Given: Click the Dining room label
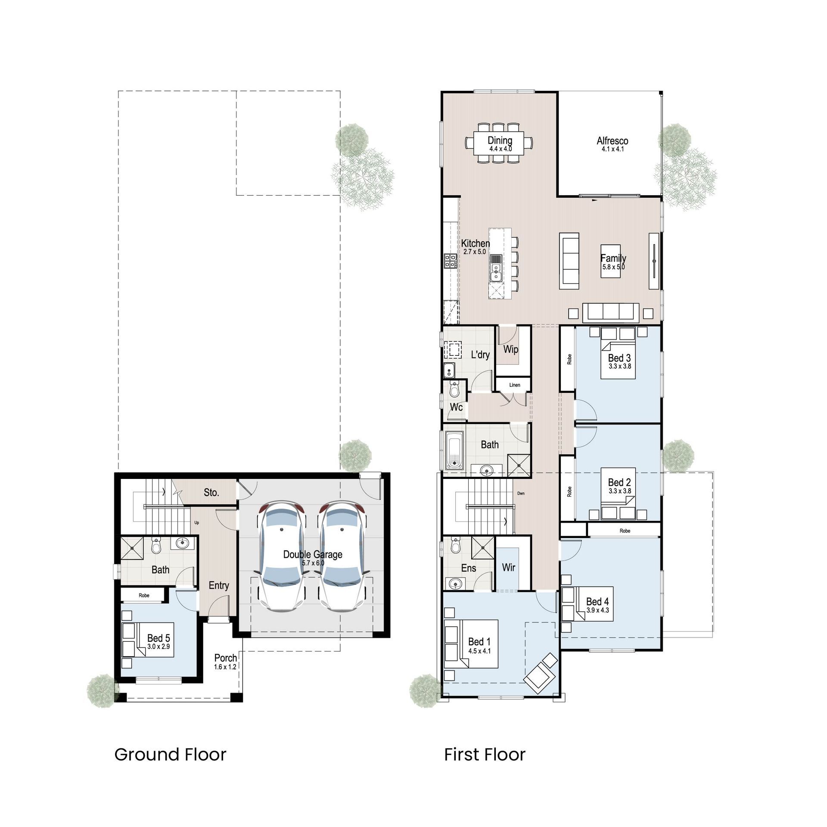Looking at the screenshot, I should coord(500,140).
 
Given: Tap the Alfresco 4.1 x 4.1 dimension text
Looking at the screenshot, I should coord(612,149).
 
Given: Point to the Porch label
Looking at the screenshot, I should coord(225,658).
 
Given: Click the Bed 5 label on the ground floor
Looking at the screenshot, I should coord(159,638).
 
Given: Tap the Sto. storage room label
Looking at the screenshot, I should coord(211,492).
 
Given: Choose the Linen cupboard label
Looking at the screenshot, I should coord(514,385).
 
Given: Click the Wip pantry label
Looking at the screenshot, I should coord(510,349).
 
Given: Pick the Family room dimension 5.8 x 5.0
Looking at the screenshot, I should coord(613,267).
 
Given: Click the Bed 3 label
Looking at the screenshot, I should coord(619,358).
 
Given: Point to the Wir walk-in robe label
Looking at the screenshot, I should coord(508,568).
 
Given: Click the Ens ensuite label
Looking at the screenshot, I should coord(468,568).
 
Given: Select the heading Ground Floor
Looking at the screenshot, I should coord(170,755).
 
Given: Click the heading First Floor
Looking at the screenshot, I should coord(485,755).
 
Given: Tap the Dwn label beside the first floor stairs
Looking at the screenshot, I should coord(520,494).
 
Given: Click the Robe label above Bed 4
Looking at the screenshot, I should coord(625,531).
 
